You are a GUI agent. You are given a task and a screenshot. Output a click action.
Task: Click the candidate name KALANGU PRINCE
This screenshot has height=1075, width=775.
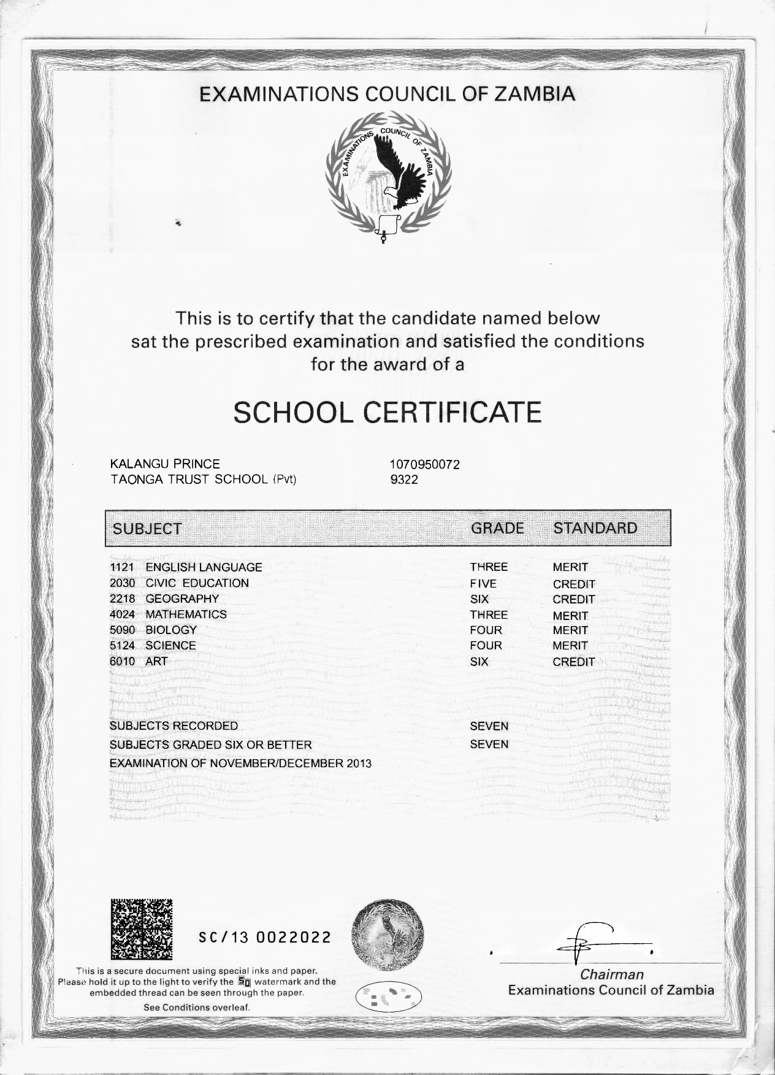click(164, 464)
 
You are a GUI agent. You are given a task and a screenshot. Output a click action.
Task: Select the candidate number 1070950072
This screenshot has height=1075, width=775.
click(424, 465)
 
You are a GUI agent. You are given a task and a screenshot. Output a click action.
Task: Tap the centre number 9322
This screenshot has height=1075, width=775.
click(403, 480)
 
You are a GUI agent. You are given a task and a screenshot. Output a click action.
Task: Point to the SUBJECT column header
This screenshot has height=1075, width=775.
click(147, 529)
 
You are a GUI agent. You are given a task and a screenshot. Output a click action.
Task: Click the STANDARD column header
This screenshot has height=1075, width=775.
click(595, 528)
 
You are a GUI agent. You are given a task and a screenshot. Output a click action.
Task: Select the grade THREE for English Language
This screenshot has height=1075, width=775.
click(489, 567)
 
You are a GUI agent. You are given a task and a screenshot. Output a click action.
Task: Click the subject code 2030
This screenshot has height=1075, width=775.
click(122, 583)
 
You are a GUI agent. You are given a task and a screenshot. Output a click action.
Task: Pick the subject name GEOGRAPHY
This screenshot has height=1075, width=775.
click(182, 599)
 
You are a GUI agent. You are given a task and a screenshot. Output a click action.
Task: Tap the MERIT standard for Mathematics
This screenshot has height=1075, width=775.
click(570, 615)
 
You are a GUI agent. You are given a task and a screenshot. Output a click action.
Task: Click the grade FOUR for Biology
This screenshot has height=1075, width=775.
click(486, 630)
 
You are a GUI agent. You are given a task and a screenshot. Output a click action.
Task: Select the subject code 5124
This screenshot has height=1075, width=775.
click(122, 646)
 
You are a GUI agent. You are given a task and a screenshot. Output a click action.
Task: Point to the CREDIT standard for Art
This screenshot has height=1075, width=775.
click(573, 662)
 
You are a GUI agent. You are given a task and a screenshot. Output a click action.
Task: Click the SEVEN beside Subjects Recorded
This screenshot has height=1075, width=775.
click(489, 726)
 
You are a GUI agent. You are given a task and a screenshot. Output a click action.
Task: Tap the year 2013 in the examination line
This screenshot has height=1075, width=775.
click(358, 763)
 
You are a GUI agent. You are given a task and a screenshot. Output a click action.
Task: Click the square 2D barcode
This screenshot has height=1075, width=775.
click(142, 929)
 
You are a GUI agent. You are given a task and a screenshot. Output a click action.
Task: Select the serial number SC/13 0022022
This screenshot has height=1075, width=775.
click(265, 938)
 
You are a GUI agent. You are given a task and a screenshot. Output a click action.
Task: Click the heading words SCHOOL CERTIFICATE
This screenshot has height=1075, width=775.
click(388, 412)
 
